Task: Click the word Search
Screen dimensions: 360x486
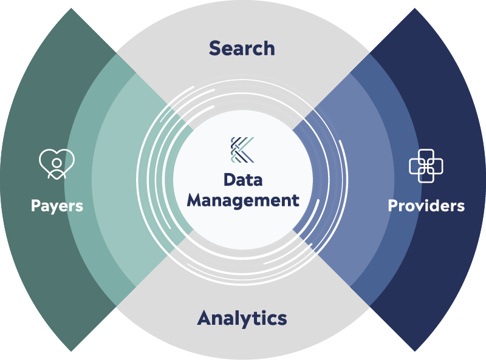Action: [242, 48]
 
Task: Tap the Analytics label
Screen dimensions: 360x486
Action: [242, 318]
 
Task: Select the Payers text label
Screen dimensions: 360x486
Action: [57, 206]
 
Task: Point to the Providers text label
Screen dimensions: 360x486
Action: [426, 206]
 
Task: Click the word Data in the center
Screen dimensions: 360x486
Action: [243, 180]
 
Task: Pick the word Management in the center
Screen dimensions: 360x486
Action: [243, 200]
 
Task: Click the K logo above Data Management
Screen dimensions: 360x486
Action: [242, 150]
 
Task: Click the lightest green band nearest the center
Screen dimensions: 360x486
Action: [115, 182]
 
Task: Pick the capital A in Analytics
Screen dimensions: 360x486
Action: [205, 318]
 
